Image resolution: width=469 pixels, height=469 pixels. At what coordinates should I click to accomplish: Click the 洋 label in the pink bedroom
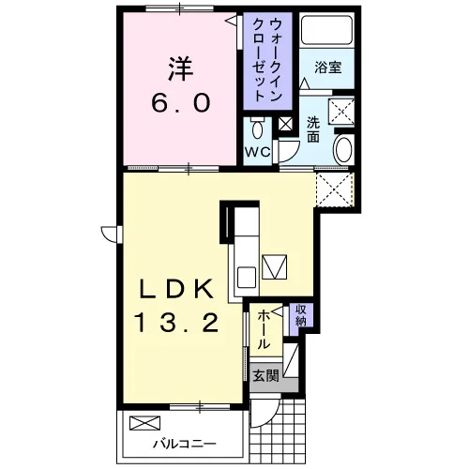pyautogui.click(x=181, y=68)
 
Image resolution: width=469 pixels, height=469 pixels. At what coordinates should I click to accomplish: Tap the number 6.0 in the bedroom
pyautogui.click(x=181, y=103)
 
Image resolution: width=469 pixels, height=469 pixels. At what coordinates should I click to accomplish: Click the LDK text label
pyautogui.click(x=176, y=289)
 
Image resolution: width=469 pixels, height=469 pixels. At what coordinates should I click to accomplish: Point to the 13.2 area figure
pyautogui.click(x=176, y=324)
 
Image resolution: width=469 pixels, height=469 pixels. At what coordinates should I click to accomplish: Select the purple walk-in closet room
pyautogui.click(x=268, y=61)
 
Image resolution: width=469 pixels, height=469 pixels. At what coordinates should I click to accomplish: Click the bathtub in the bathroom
pyautogui.click(x=327, y=30)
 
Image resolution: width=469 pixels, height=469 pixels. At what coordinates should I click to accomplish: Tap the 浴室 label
pyautogui.click(x=328, y=68)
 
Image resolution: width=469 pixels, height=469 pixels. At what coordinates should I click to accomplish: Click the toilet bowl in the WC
pyautogui.click(x=257, y=128)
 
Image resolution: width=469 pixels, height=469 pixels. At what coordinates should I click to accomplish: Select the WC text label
pyautogui.click(x=257, y=152)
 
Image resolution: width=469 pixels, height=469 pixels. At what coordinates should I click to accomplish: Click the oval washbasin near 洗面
pyautogui.click(x=343, y=149)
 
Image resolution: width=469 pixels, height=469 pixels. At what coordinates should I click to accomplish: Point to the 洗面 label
pyautogui.click(x=313, y=129)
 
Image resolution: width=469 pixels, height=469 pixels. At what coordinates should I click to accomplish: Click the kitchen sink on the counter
pyautogui.click(x=247, y=277)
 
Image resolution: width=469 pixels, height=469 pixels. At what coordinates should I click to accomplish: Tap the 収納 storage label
pyautogui.click(x=301, y=315)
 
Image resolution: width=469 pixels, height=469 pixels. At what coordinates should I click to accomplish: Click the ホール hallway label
pyautogui.click(x=264, y=329)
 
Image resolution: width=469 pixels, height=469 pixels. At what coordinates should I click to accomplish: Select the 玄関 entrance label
pyautogui.click(x=265, y=375)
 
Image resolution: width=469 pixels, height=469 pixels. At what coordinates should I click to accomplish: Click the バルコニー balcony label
pyautogui.click(x=185, y=444)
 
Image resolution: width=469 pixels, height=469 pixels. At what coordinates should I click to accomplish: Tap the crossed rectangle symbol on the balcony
pyautogui.click(x=144, y=423)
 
